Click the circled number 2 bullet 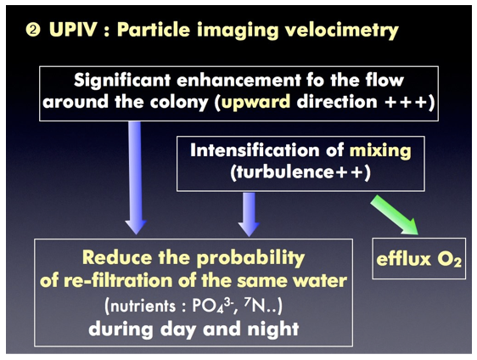click(33, 31)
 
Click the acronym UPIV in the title click(73, 30)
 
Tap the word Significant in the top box click(122, 81)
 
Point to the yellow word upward click(255, 102)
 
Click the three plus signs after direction click(406, 102)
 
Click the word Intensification click(255, 150)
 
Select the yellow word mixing click(380, 151)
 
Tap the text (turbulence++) click(300, 172)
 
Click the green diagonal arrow click(394, 215)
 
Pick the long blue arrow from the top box click(136, 177)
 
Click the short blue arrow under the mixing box click(249, 214)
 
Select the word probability click(250, 258)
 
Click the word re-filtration click(119, 280)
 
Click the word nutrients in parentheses click(143, 306)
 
